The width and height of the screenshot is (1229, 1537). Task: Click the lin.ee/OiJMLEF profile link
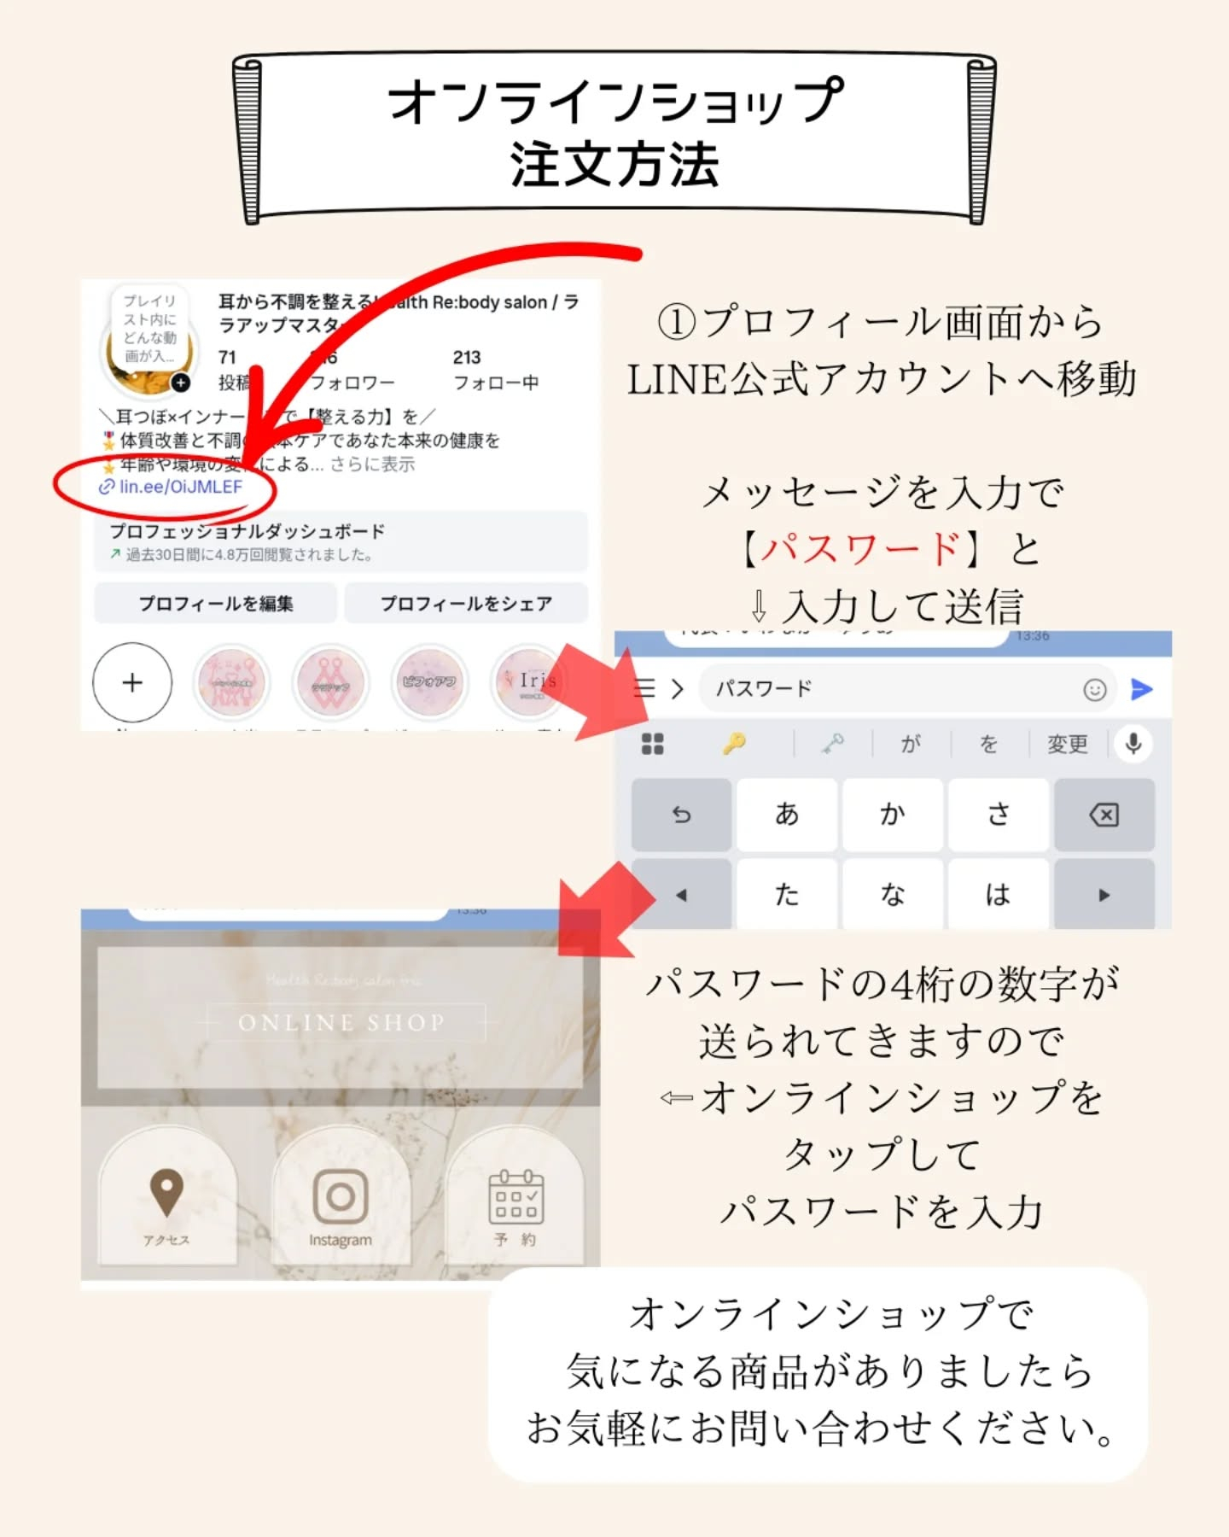pos(180,487)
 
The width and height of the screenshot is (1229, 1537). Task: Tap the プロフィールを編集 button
pos(215,604)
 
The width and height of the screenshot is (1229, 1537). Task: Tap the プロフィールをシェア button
pos(466,604)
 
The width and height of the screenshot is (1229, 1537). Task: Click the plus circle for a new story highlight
pos(132,682)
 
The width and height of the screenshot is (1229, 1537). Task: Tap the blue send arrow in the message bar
pos(1141,689)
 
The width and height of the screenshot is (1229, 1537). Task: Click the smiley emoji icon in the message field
pos(1094,689)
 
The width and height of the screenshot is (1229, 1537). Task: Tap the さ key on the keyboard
pos(998,815)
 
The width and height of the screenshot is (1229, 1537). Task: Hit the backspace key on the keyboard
pos(1104,815)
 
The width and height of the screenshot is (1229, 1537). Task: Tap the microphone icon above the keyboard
pos(1133,744)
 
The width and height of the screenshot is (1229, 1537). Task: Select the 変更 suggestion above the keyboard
pos(1068,745)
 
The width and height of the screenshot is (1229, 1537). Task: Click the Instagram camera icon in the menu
pos(341,1195)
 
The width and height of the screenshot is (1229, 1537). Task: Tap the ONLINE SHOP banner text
pos(341,1022)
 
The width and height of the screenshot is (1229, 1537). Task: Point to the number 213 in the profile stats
pos(467,357)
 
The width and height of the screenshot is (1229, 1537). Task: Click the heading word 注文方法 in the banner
pos(614,165)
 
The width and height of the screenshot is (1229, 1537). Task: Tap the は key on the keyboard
pos(998,895)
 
